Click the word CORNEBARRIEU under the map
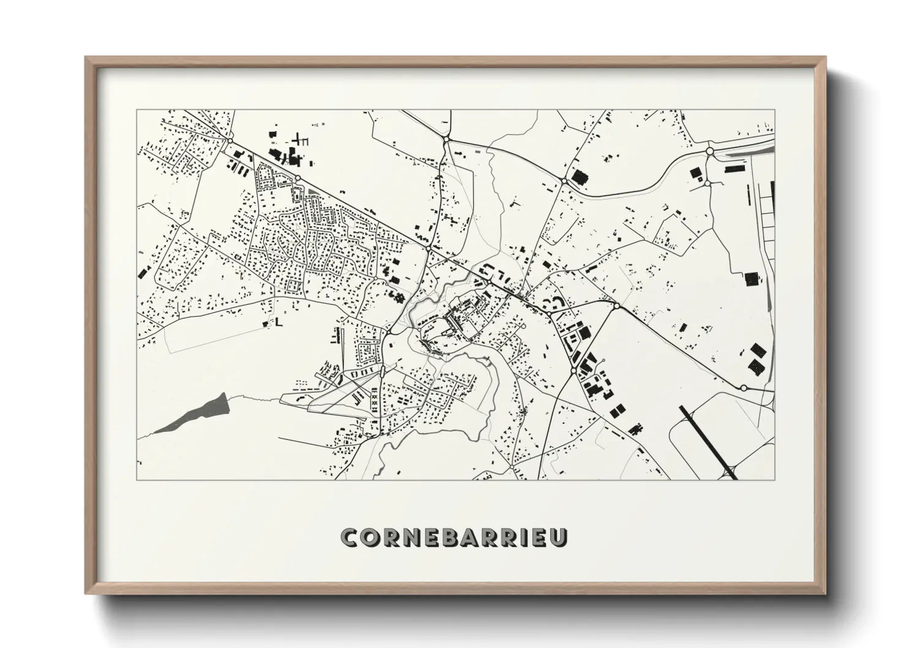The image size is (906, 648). coord(454,537)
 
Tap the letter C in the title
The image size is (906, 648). coord(351,537)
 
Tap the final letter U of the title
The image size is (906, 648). coord(559,537)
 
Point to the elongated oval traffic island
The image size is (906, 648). coord(383,371)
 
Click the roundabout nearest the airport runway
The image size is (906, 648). coord(743,388)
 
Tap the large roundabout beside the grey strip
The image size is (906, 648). coord(709,151)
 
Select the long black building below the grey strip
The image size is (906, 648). coord(734,168)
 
